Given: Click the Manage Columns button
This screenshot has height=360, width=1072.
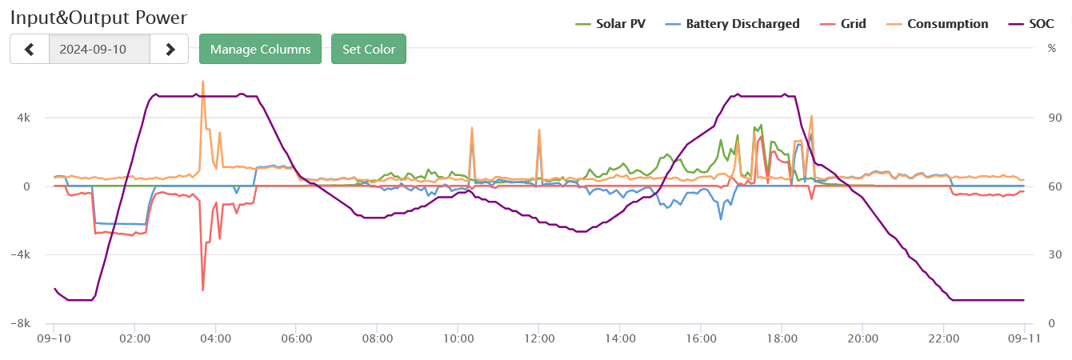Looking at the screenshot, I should pyautogui.click(x=260, y=49).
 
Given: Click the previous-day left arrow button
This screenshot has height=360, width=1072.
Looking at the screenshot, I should pyautogui.click(x=30, y=49).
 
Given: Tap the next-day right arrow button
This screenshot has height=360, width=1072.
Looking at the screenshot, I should pyautogui.click(x=170, y=49).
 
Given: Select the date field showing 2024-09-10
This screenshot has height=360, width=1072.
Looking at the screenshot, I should pyautogui.click(x=99, y=49).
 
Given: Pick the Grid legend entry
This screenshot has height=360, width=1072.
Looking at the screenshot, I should pyautogui.click(x=846, y=24).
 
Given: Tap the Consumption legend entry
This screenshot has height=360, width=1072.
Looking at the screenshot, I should pyautogui.click(x=940, y=24).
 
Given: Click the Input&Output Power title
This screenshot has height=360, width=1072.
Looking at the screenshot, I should pyautogui.click(x=99, y=17).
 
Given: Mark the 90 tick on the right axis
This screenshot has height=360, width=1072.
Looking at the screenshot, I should pyautogui.click(x=1054, y=118).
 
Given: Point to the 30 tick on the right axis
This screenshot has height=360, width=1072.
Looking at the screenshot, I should pyautogui.click(x=1054, y=255).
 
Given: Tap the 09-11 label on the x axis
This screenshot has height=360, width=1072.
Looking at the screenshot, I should pyautogui.click(x=1023, y=338).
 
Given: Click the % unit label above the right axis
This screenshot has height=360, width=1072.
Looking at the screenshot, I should pyautogui.click(x=1051, y=49).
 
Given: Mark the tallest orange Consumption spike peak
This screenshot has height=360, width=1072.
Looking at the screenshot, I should pyautogui.click(x=202, y=81).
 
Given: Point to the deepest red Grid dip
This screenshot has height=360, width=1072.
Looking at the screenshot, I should pyautogui.click(x=203, y=290).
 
